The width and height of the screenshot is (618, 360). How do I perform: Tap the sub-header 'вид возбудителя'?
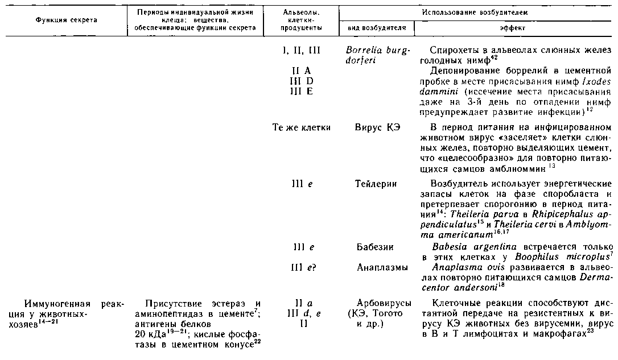click(x=376, y=28)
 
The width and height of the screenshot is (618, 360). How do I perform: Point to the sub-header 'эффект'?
click(x=513, y=28)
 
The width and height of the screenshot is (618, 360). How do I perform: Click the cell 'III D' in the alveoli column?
click(x=301, y=81)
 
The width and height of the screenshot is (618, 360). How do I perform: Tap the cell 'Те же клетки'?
click(x=301, y=127)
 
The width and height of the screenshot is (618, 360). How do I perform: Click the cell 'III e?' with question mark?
click(x=302, y=267)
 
